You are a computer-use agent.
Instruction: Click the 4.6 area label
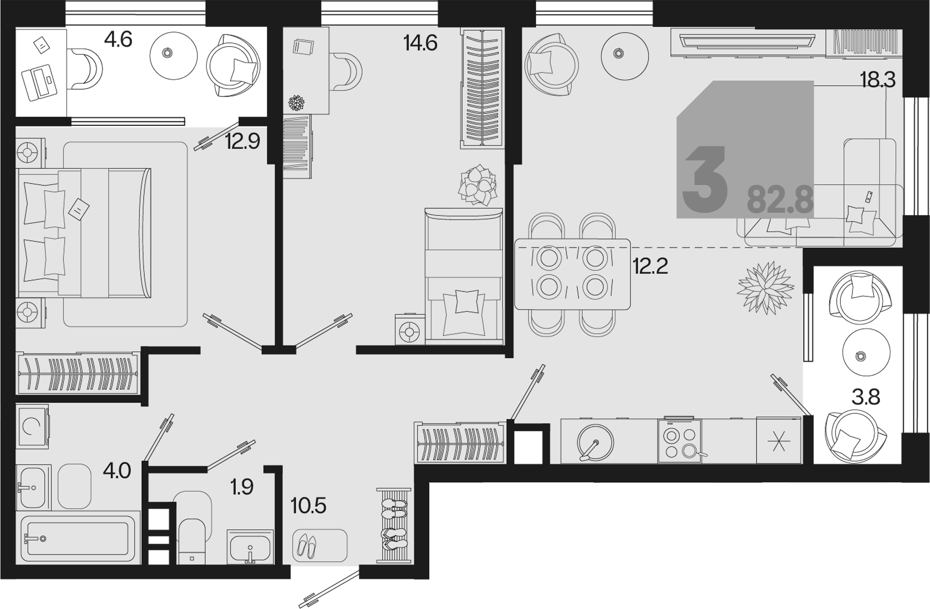tap(118, 40)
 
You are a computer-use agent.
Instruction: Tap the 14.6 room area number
tap(420, 43)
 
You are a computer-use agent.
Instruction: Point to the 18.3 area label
tap(878, 80)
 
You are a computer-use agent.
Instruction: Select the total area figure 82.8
tap(780, 200)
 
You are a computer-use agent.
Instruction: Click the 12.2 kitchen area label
tap(650, 266)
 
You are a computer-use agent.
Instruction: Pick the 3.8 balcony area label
tap(866, 397)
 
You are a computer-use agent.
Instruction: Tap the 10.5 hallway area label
tap(308, 505)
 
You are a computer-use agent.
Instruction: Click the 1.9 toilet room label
tap(242, 487)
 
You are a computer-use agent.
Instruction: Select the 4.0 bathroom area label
tap(117, 471)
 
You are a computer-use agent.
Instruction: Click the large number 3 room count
tap(705, 180)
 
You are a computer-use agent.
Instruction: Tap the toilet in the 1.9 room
tap(193, 527)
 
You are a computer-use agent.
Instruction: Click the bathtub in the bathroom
tap(78, 538)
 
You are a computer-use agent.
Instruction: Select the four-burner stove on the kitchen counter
tap(680, 441)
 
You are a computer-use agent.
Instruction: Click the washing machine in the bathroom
tap(32, 426)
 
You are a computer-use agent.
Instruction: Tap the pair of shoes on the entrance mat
tap(307, 546)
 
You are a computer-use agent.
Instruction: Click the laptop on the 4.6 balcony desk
tap(40, 83)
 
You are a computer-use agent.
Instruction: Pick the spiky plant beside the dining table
tap(765, 288)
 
